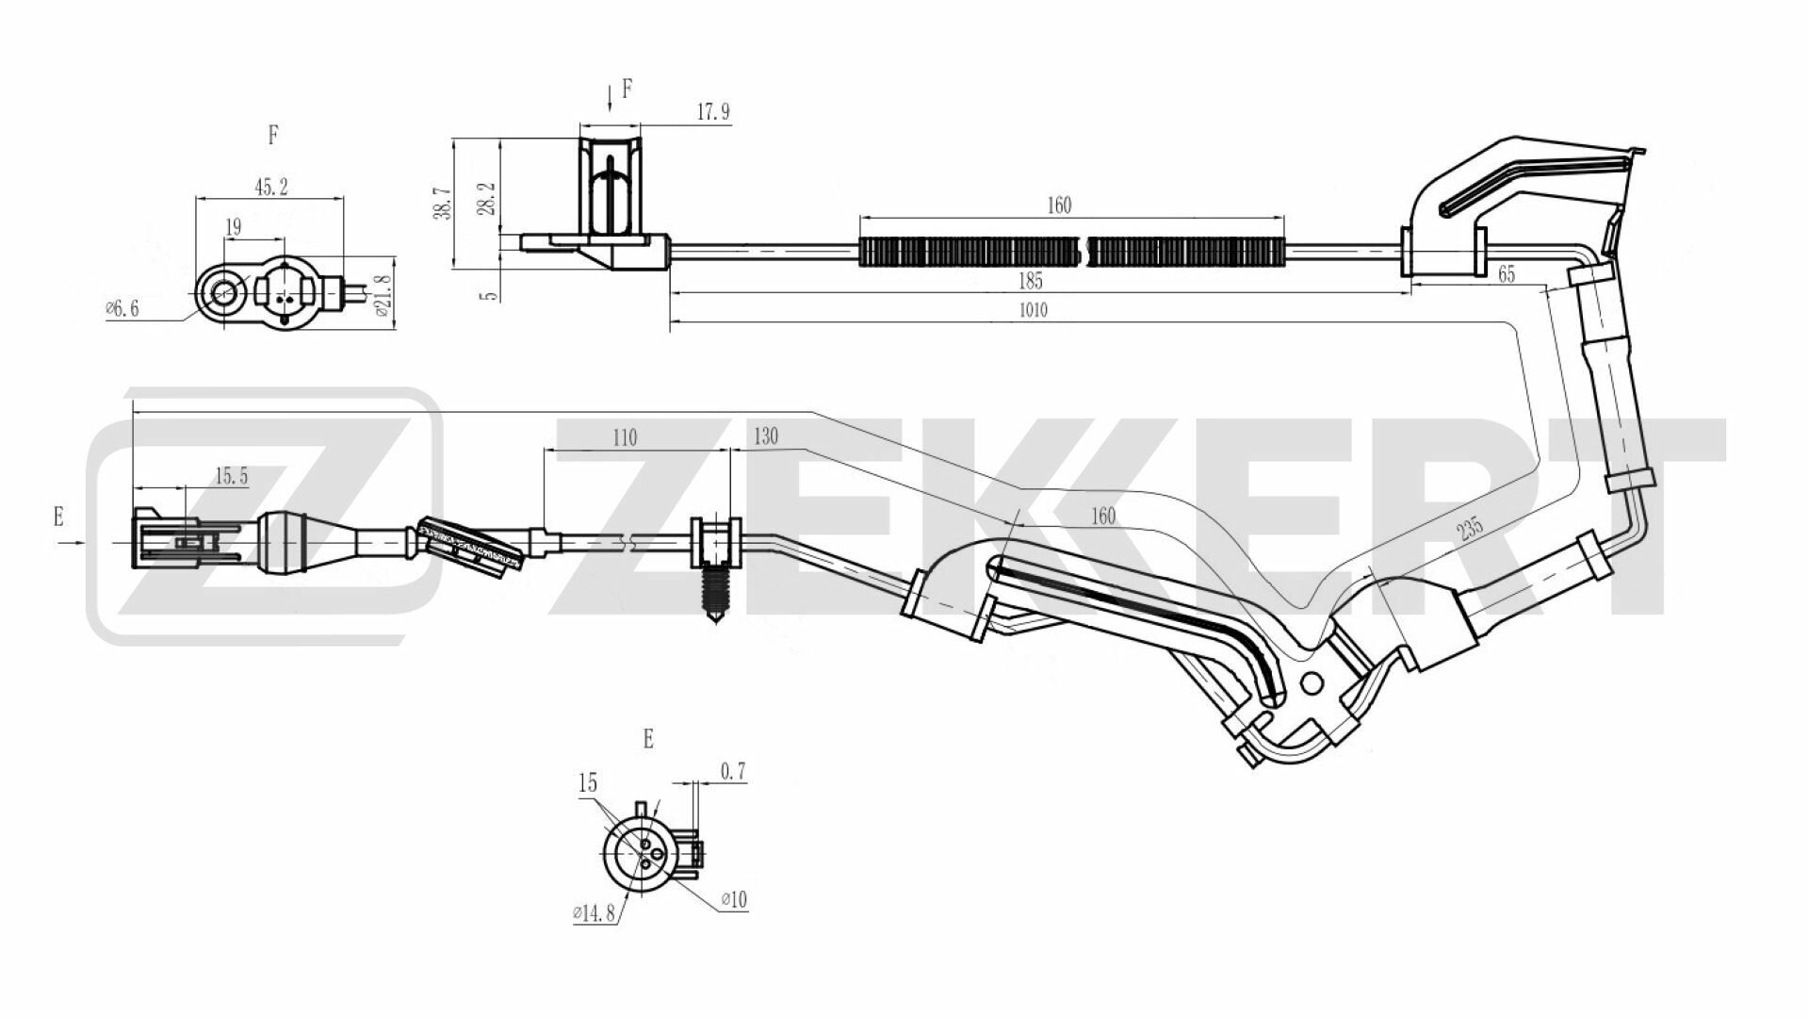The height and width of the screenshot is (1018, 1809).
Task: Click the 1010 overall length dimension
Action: [1034, 310]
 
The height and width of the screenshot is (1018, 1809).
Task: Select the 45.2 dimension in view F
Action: [270, 187]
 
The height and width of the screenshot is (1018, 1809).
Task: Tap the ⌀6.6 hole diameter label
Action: [122, 308]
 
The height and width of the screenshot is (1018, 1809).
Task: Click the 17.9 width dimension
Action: [712, 112]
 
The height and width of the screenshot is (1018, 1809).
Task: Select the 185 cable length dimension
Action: [1031, 281]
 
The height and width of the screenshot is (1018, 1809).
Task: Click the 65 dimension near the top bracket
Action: [1506, 274]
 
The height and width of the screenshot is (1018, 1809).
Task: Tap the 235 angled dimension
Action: [1468, 528]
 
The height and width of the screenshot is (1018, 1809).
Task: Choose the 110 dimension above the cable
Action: [625, 438]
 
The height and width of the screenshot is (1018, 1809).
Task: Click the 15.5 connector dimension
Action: [231, 476]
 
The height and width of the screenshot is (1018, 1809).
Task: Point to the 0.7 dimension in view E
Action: [733, 772]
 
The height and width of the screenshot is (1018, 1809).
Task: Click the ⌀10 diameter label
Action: [734, 900]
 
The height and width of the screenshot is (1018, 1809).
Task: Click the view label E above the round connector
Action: [647, 739]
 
